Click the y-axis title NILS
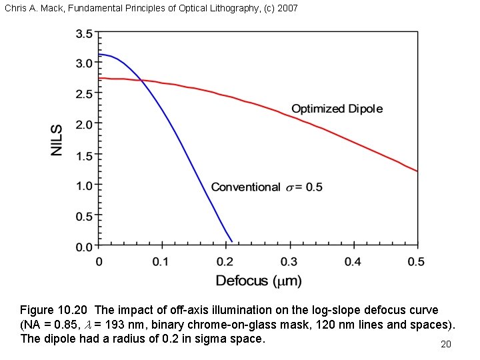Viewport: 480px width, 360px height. pyautogui.click(x=58, y=140)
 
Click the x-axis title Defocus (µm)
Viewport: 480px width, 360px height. pyautogui.click(x=259, y=280)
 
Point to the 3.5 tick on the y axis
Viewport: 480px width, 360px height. pyautogui.click(x=83, y=33)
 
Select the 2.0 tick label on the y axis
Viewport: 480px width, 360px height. pyautogui.click(x=83, y=125)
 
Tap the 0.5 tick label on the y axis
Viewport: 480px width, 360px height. pyautogui.click(x=83, y=217)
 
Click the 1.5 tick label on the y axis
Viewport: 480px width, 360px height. pyautogui.click(x=83, y=155)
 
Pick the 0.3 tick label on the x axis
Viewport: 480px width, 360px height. pyautogui.click(x=289, y=261)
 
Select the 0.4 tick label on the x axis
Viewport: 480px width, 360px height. pyautogui.click(x=353, y=261)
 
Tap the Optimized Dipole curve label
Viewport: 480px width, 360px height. pyautogui.click(x=337, y=109)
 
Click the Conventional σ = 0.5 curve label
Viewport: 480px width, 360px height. pyautogui.click(x=267, y=187)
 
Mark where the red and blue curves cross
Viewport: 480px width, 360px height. pyautogui.click(x=141, y=80)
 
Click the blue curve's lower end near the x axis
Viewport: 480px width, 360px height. pyautogui.click(x=231, y=240)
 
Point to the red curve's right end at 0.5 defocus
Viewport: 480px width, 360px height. pyautogui.click(x=417, y=171)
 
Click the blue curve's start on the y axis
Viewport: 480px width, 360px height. pyautogui.click(x=99, y=54)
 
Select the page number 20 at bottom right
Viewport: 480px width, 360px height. pyautogui.click(x=446, y=344)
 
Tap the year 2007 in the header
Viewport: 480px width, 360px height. pyautogui.click(x=287, y=9)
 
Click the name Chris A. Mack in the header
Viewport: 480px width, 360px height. pyautogui.click(x=33, y=9)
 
